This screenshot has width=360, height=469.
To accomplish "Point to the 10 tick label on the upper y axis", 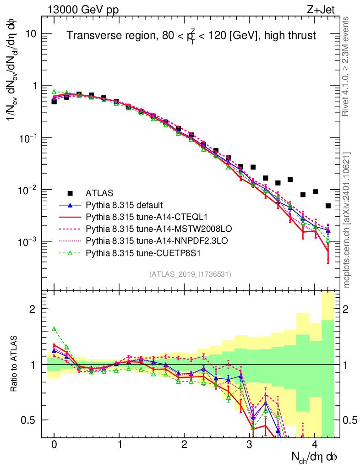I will [x=31, y=34].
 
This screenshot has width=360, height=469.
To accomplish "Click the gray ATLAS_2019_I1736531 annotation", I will [x=190, y=274].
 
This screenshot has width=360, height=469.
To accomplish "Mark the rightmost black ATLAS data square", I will [x=328, y=206].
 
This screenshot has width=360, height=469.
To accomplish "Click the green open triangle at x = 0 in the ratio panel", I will [x=54, y=329].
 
